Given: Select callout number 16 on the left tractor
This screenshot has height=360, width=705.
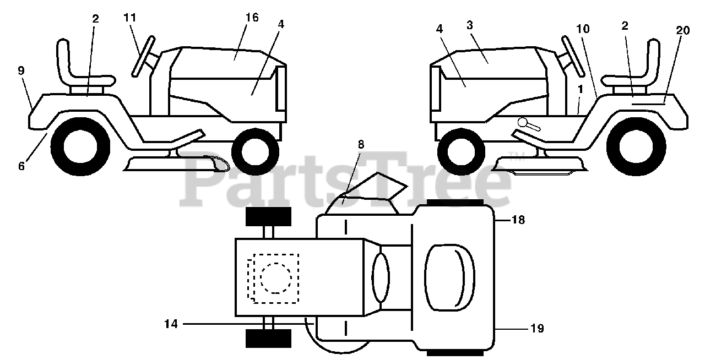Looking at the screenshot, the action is click(252, 17).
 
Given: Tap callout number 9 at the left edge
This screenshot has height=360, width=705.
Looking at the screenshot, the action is click(21, 70).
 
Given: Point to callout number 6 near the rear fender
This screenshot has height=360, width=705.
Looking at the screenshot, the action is click(21, 165).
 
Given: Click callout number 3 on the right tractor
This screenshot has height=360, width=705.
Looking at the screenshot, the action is click(470, 25).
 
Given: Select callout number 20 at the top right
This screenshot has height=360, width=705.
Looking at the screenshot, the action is click(682, 31).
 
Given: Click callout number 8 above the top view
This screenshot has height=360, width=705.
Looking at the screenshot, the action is click(361, 145).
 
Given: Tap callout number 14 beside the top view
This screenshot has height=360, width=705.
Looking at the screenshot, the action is click(171, 324).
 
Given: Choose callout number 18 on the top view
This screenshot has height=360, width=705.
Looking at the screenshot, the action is click(518, 220).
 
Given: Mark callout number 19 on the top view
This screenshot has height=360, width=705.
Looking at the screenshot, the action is click(537, 329).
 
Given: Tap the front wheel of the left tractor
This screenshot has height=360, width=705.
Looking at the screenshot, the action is click(254, 149).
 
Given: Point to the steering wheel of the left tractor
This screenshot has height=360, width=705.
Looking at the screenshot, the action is click(142, 56).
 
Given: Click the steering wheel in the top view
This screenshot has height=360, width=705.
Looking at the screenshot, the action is click(381, 278).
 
